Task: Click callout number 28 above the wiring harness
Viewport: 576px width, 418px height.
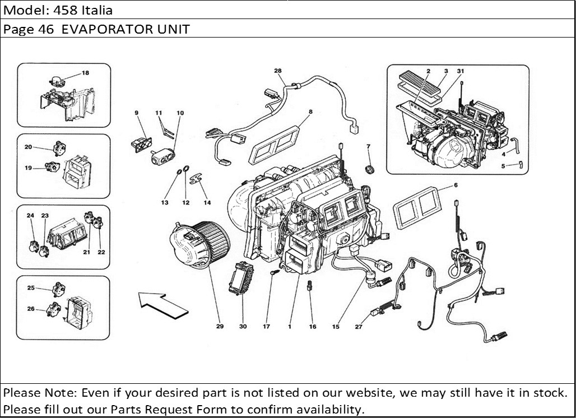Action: tap(277, 71)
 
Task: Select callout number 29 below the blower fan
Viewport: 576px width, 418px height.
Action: tap(220, 327)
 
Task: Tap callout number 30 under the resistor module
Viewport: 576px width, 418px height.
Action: tap(243, 327)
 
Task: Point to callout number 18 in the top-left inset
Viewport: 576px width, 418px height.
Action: tap(85, 73)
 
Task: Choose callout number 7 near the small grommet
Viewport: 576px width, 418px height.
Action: tap(368, 147)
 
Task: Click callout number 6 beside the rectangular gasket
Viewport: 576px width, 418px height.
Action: tap(456, 185)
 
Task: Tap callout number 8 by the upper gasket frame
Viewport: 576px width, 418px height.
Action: tap(310, 112)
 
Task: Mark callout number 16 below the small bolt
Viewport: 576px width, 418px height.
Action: tap(313, 327)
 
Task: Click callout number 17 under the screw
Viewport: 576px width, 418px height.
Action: tap(267, 327)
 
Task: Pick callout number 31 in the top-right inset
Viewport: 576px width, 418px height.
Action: tap(461, 71)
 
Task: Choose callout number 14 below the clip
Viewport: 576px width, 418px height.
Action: tap(207, 202)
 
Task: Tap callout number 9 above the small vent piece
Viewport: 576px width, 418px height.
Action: tap(136, 113)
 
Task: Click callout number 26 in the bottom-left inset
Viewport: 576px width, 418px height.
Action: tap(31, 309)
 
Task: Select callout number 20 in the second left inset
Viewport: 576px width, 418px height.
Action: tap(28, 147)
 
